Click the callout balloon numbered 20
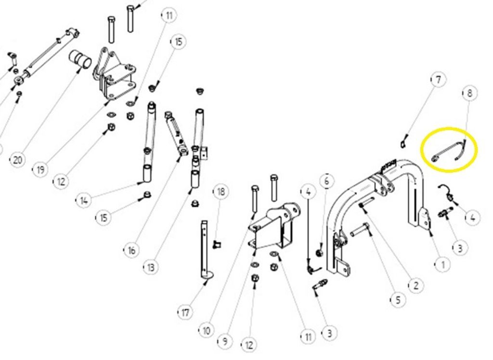coord(18,160)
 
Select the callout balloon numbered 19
coord(40,170)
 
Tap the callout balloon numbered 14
coord(84,200)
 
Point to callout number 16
coord(132,250)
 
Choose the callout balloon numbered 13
coord(151,267)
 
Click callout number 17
coord(185,312)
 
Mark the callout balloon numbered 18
coord(221,191)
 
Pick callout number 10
coord(206,331)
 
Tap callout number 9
coord(225,341)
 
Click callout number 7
coord(438,80)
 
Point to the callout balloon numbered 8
coord(470,93)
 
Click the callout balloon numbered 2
coord(416,285)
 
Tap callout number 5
coord(398,300)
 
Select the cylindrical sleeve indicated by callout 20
coord(80,59)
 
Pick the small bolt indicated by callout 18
coord(216,244)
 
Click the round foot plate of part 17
coord(207,275)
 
